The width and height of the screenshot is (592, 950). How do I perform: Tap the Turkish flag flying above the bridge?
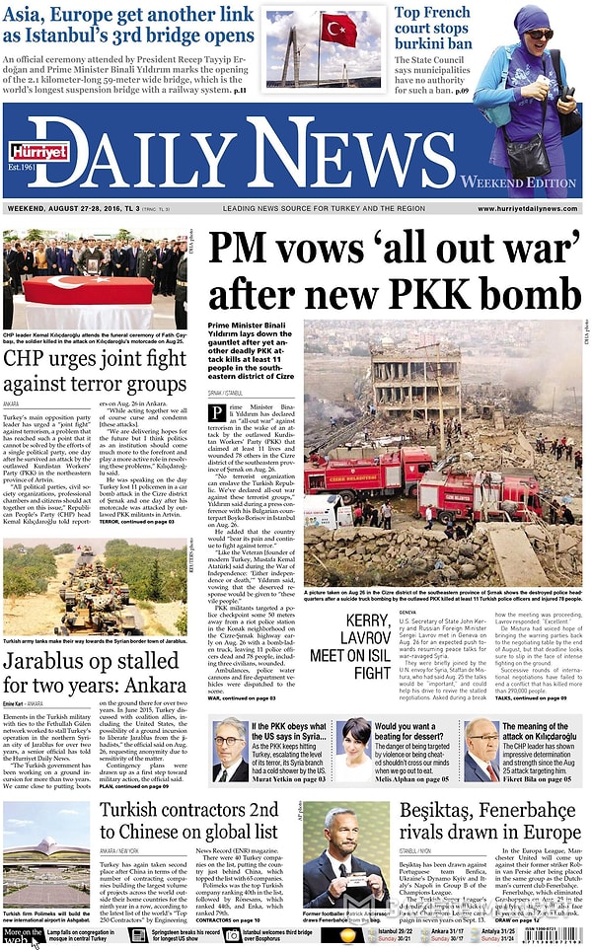tap(337, 30)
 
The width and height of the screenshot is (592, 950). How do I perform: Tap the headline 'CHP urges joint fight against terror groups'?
tap(94, 371)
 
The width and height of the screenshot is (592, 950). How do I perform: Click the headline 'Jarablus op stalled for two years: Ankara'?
tap(94, 672)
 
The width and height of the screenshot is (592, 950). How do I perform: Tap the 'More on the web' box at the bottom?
tap(22, 934)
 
